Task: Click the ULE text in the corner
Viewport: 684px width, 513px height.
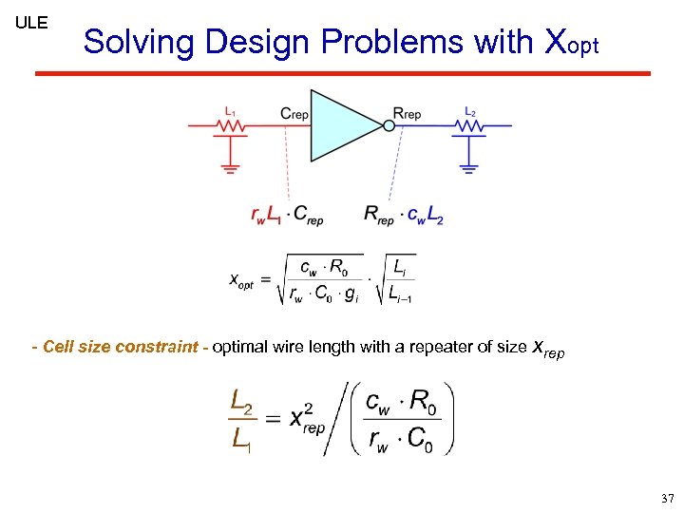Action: pyautogui.click(x=31, y=22)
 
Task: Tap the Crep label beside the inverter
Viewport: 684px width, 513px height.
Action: pyautogui.click(x=294, y=114)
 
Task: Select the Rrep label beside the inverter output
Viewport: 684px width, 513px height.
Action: pyautogui.click(x=408, y=114)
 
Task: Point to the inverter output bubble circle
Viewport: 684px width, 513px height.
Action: pyautogui.click(x=388, y=125)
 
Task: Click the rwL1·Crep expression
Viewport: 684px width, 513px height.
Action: pyautogui.click(x=287, y=216)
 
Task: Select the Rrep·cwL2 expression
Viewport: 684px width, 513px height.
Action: pyautogui.click(x=404, y=215)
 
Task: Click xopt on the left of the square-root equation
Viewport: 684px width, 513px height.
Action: pyautogui.click(x=241, y=280)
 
